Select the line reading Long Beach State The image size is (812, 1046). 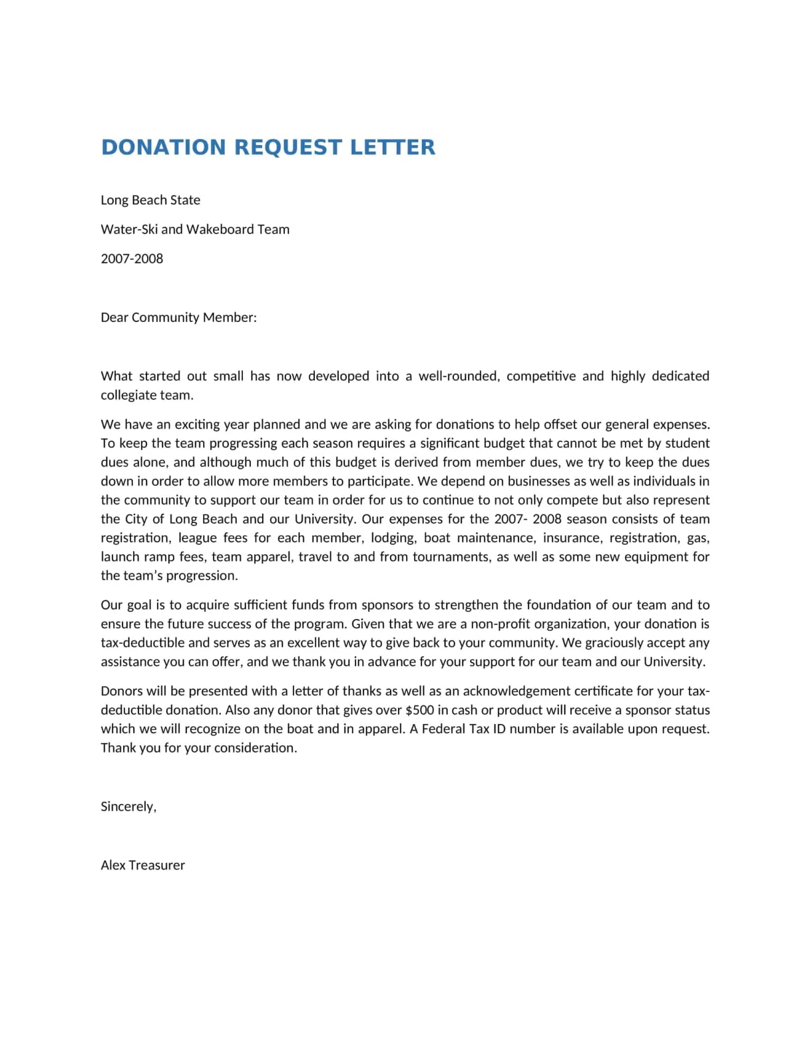[150, 200]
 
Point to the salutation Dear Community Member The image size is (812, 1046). [178, 317]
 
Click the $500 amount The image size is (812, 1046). [419, 710]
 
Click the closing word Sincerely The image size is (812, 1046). [128, 806]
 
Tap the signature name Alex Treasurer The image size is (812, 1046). [142, 865]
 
